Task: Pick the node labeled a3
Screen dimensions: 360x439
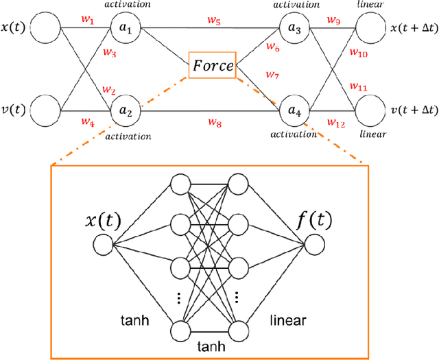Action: pyautogui.click(x=296, y=30)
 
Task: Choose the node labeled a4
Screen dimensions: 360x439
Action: pyautogui.click(x=296, y=110)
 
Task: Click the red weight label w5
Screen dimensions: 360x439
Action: pyautogui.click(x=214, y=21)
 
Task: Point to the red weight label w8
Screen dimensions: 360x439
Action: pyautogui.click(x=214, y=122)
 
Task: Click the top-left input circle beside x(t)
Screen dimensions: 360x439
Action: pyautogui.click(x=46, y=30)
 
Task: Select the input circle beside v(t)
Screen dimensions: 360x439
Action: pyautogui.click(x=46, y=110)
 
